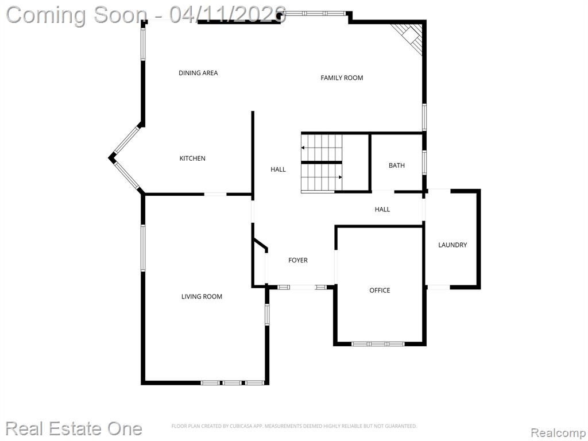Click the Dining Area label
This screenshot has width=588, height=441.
click(198, 73)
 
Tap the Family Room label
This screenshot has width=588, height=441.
click(342, 78)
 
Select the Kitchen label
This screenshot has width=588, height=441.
click(192, 158)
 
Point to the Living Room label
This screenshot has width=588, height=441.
click(202, 296)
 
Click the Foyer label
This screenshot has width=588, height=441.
click(298, 260)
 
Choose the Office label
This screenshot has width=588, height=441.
click(380, 290)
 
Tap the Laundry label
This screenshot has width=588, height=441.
click(452, 245)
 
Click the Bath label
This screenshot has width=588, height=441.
click(396, 165)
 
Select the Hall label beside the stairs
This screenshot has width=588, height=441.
click(278, 169)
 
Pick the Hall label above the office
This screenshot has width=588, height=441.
click(382, 209)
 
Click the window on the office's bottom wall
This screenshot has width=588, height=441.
click(378, 343)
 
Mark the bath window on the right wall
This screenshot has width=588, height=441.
click(424, 163)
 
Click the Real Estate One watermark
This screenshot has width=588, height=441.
click(74, 428)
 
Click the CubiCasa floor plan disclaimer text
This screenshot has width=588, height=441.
click(294, 426)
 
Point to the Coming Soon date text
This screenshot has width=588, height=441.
click(146, 15)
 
